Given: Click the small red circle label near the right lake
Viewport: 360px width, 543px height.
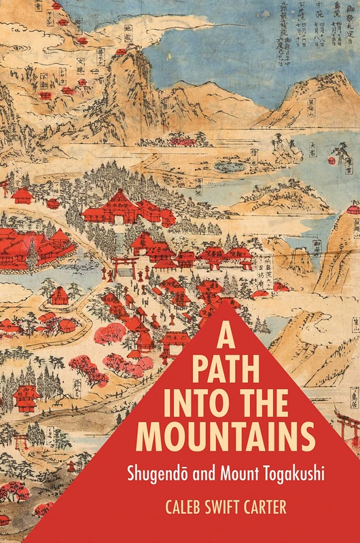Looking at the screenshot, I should [331, 160].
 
